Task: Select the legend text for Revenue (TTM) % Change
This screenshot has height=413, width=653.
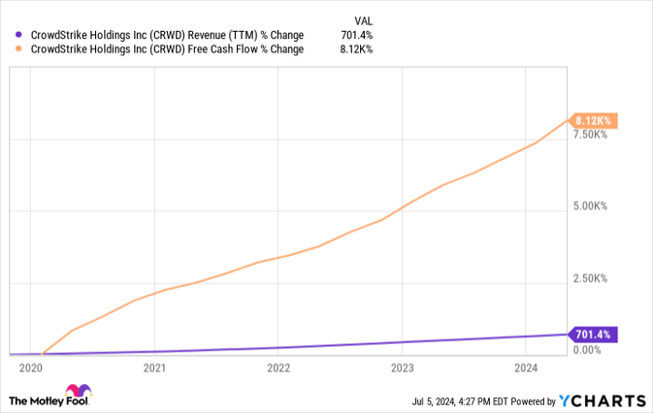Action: point(168,34)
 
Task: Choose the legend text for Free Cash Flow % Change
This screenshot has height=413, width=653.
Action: point(168,49)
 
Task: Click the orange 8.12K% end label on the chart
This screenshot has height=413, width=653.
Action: point(592,121)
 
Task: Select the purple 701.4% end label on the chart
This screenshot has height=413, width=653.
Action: point(591,334)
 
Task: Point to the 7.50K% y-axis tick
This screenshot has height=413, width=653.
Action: point(590,136)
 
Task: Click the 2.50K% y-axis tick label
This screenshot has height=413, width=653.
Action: point(590,279)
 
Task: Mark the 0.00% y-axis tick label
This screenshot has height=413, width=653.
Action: point(587,350)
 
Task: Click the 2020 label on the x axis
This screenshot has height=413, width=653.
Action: point(32,367)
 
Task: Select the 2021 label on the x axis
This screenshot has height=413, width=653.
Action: point(155,367)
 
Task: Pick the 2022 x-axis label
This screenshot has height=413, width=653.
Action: point(278,367)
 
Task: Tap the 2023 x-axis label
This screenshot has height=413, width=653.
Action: point(402,367)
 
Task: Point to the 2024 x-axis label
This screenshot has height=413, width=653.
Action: point(525,367)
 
